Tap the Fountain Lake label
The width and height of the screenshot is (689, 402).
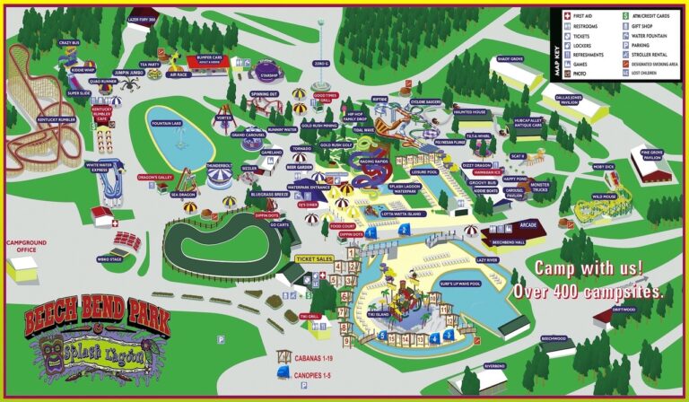(x=167, y=124)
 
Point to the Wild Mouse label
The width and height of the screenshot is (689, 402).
(x=605, y=197)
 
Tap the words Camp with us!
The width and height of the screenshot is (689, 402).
(x=589, y=267)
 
